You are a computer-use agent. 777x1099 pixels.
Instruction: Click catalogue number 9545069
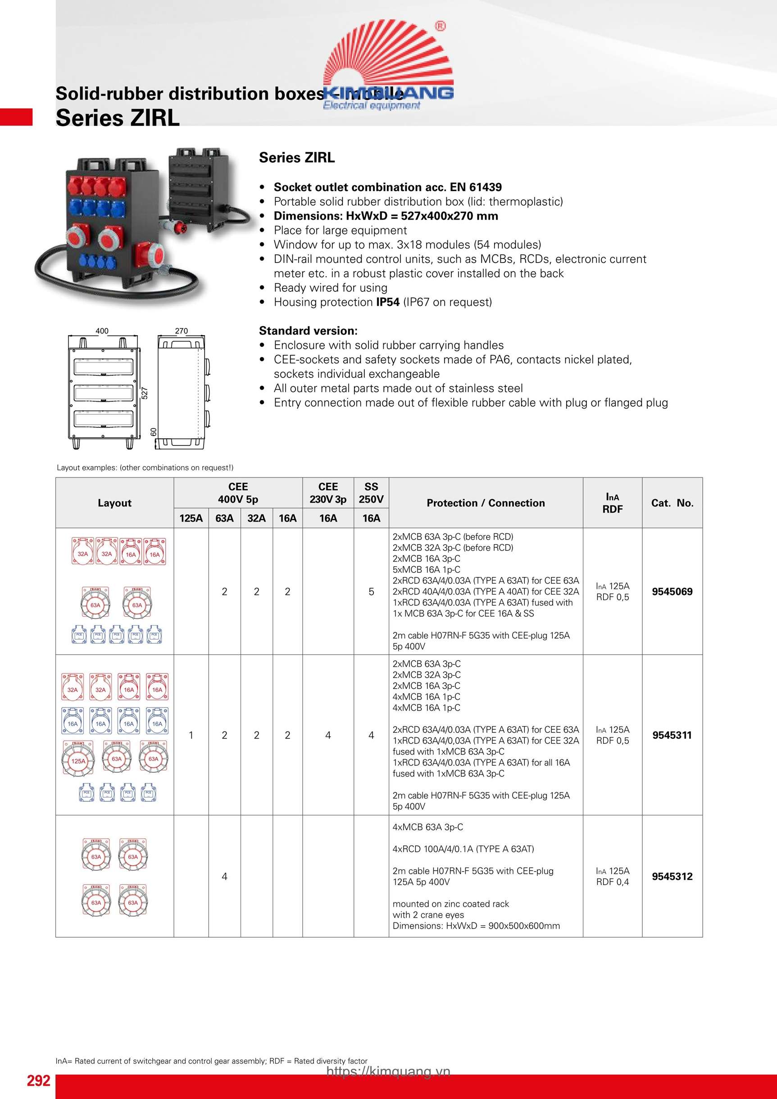point(672,592)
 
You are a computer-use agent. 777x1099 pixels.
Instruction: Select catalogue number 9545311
point(672,735)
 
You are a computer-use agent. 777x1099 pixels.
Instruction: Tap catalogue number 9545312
point(672,876)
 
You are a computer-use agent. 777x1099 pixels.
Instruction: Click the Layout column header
point(114,503)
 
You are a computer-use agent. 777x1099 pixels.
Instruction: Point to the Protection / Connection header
point(486,503)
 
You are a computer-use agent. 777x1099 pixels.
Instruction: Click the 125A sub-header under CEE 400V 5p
point(191,518)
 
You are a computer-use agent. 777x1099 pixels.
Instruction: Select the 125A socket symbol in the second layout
point(78,761)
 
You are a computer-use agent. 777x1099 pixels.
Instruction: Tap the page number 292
point(38,1081)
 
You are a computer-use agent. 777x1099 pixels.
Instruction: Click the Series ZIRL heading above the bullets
point(297,158)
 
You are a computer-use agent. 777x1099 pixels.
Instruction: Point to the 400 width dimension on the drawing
point(102,331)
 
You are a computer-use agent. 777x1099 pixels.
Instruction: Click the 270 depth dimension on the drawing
point(182,331)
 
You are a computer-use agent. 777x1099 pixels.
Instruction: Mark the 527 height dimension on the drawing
point(145,393)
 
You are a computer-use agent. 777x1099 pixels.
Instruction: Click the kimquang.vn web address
point(388,1071)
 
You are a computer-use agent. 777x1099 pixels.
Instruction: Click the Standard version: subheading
point(308,331)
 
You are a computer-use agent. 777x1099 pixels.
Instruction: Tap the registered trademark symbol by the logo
point(440,26)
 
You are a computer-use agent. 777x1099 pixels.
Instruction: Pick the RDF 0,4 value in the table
point(612,882)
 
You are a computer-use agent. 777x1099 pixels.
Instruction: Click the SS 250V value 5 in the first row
point(371,592)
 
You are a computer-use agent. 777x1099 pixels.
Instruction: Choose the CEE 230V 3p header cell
point(328,493)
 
